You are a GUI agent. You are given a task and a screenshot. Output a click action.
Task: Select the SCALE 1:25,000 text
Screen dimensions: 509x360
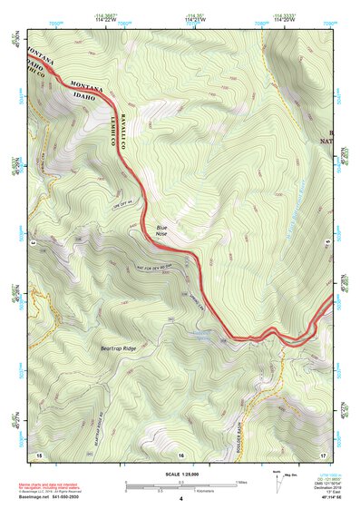tap(181, 475)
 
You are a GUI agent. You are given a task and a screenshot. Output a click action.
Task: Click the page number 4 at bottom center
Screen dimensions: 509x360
tap(181, 499)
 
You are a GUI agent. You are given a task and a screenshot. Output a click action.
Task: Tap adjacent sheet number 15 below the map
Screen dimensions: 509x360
tap(39, 454)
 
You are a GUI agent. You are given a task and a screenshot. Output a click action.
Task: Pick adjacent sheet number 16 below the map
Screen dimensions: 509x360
tap(181, 454)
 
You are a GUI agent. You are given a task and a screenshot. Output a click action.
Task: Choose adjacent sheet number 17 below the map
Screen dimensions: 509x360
tap(323, 454)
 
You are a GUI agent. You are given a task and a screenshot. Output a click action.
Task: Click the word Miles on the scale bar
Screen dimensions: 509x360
tap(240, 482)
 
